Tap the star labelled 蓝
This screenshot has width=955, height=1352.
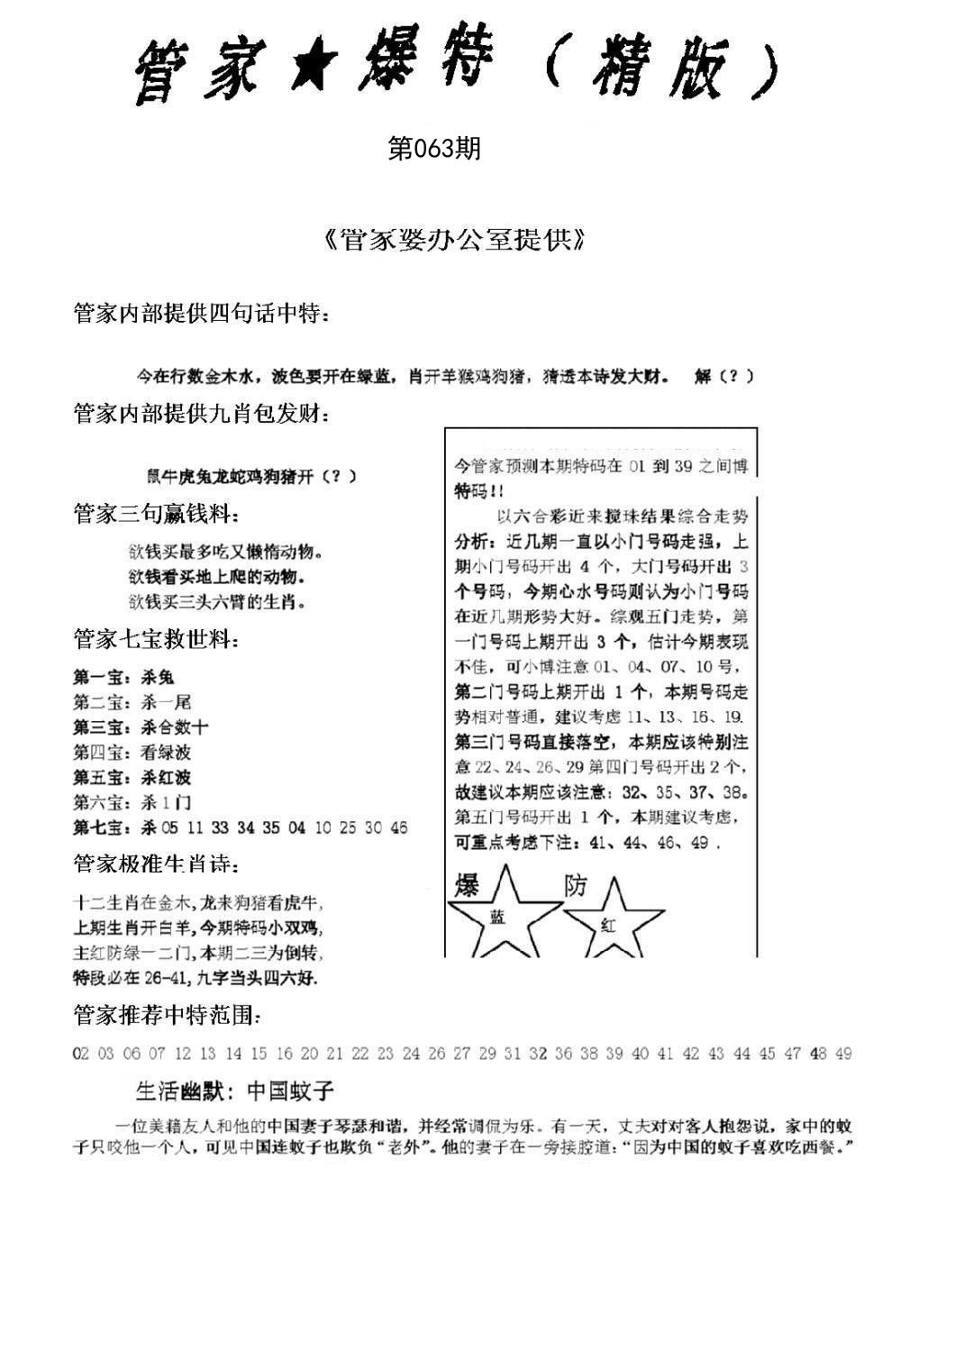(x=498, y=915)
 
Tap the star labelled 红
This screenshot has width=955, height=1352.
(x=606, y=919)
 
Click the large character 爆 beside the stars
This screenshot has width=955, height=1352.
(x=467, y=886)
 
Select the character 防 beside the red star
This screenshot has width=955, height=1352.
(x=575, y=885)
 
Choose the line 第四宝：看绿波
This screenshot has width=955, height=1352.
(x=132, y=752)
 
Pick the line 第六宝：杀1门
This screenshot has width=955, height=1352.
(x=132, y=802)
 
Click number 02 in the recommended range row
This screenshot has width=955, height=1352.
(x=81, y=1054)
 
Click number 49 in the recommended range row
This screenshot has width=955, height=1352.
(x=843, y=1054)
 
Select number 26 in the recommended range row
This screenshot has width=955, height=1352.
(x=438, y=1054)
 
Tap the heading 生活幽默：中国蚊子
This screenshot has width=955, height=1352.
(x=234, y=1092)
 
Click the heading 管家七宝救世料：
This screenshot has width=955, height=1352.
(x=156, y=641)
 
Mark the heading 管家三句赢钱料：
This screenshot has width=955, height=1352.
(x=156, y=515)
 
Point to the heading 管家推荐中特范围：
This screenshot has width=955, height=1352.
(x=168, y=1016)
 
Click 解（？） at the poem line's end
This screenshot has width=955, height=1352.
(x=723, y=377)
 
